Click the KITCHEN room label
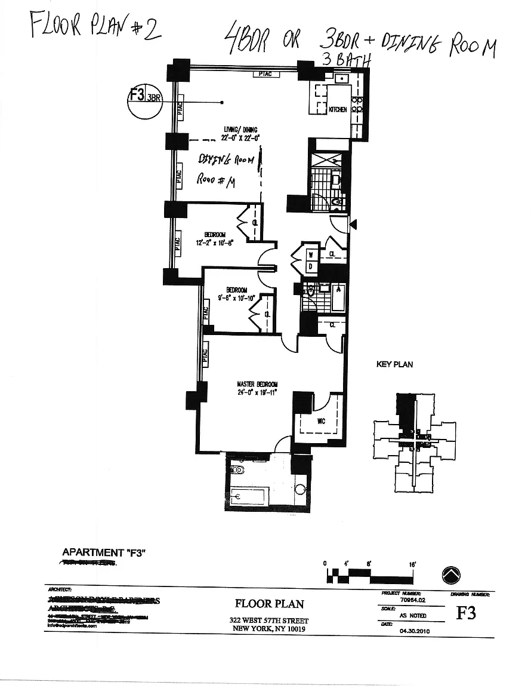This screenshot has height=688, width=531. tap(338, 110)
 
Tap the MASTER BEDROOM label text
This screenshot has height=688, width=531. tap(257, 384)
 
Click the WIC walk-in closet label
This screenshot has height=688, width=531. tap(320, 421)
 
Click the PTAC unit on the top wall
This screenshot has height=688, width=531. tap(264, 74)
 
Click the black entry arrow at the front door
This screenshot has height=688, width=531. tap(353, 225)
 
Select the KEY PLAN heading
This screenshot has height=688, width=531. tap(394, 364)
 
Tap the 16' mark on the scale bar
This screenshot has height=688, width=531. tap(412, 563)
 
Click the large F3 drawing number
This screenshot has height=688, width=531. tap(466, 613)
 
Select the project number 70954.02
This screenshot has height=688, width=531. tap(413, 600)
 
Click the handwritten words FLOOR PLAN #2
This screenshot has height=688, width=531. tap(95, 27)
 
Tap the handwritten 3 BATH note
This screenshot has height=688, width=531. tap(347, 59)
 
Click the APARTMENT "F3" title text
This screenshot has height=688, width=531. tap(104, 552)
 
